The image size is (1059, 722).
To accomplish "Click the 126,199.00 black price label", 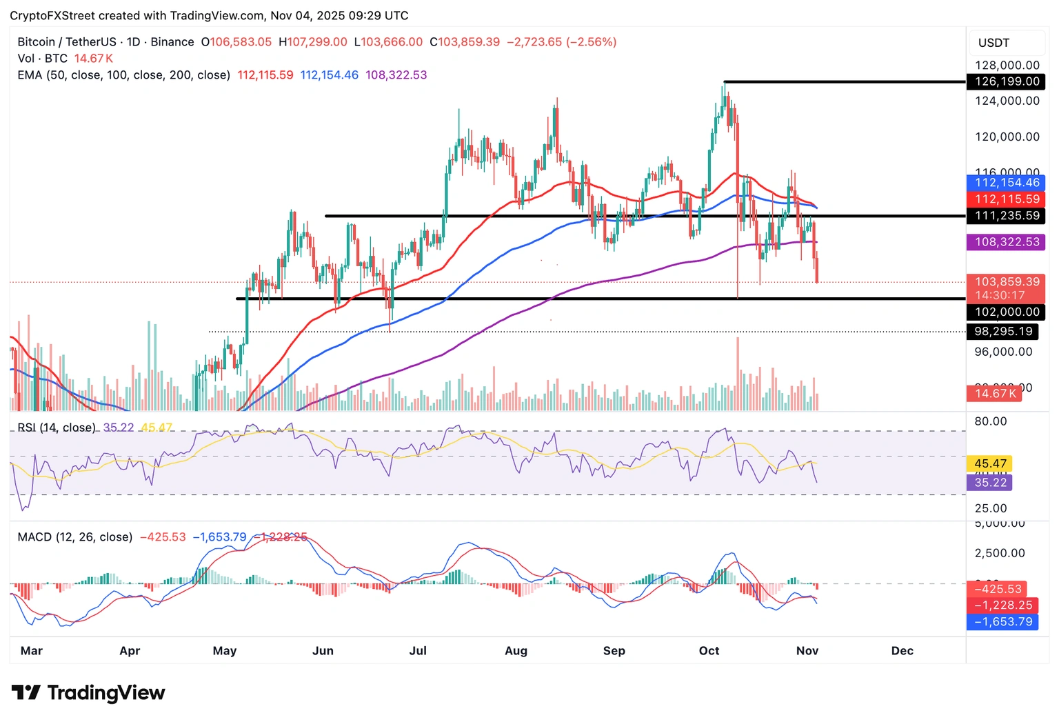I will [1007, 81].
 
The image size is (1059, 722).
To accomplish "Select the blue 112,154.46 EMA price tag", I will [1007, 183].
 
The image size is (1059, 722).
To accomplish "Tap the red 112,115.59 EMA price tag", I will [1007, 199].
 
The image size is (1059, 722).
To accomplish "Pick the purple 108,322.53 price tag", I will [1007, 242].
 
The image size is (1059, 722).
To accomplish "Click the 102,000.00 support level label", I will [1007, 312].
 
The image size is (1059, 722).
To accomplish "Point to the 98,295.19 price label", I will [1003, 332].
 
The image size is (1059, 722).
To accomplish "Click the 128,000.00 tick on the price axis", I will [1007, 66].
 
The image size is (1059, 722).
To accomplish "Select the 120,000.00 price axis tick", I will [1007, 137].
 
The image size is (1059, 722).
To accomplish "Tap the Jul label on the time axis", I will [418, 651].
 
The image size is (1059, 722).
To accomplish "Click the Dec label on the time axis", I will [902, 651].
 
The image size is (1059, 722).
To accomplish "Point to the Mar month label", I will [32, 651].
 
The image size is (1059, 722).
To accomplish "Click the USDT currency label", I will [994, 43].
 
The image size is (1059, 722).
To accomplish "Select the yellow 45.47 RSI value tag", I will [990, 464].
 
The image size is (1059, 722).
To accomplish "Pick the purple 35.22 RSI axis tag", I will [990, 483].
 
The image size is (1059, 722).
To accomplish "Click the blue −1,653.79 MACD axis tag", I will [1002, 622].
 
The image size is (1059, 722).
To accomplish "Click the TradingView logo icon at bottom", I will [26, 692].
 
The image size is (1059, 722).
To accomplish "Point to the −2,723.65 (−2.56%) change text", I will [561, 42].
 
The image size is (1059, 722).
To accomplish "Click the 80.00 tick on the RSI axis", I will [990, 421].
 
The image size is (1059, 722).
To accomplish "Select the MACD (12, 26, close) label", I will [75, 537].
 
